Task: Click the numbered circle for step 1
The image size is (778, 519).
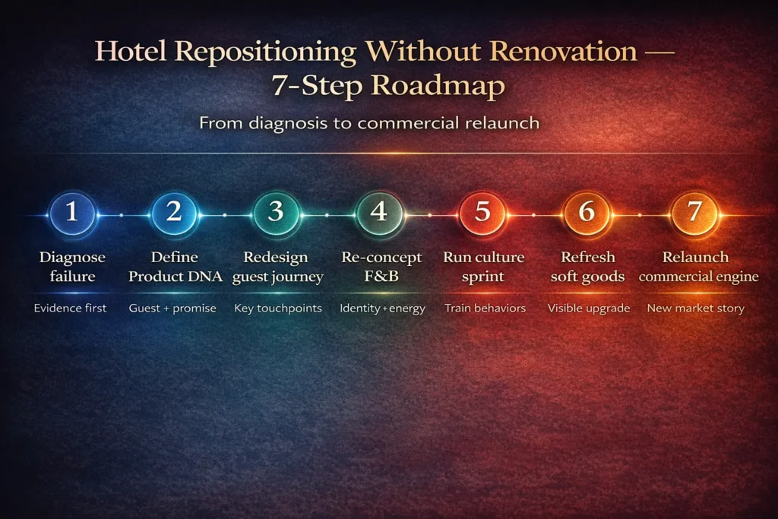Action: click(72, 212)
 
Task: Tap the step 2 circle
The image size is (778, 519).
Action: click(174, 212)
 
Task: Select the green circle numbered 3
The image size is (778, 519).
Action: click(277, 212)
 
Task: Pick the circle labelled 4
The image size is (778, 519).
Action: click(379, 212)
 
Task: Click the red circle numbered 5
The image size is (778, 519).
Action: click(482, 212)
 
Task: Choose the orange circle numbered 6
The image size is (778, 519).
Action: click(586, 212)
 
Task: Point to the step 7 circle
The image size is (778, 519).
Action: click(694, 212)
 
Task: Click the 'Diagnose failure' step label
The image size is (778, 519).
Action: click(72, 267)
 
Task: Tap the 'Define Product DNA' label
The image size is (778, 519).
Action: click(175, 267)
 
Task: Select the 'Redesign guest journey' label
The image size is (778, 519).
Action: click(277, 267)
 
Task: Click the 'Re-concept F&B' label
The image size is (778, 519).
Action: click(381, 267)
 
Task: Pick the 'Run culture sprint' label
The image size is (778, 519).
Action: click(483, 267)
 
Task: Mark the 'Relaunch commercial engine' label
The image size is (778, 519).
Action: click(698, 267)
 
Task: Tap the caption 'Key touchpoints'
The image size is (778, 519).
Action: click(277, 309)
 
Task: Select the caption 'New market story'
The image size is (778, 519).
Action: click(695, 309)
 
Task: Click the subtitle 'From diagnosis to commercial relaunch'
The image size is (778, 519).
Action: click(369, 123)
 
